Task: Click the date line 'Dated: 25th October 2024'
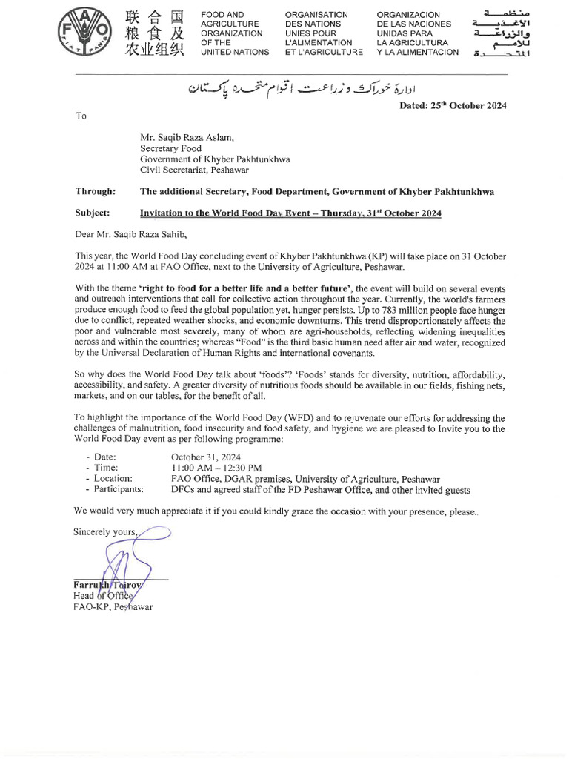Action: pyautogui.click(x=453, y=106)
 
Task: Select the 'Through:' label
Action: pyautogui.click(x=95, y=192)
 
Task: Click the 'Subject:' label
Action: pyautogui.click(x=93, y=213)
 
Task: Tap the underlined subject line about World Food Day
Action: pyautogui.click(x=290, y=213)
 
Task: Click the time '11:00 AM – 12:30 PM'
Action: pyautogui.click(x=216, y=468)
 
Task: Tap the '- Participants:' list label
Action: pyautogui.click(x=115, y=490)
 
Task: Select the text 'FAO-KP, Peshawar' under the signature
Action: pyautogui.click(x=113, y=606)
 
